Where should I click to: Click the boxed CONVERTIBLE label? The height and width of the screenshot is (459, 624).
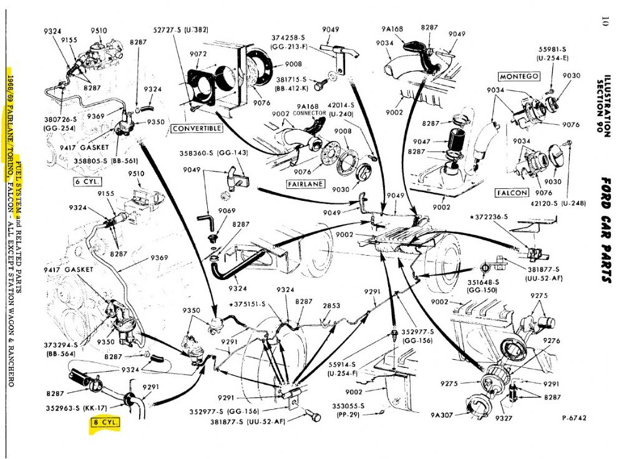(197, 128)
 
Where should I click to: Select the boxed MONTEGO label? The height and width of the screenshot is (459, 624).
(518, 77)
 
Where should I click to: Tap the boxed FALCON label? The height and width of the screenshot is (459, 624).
(511, 193)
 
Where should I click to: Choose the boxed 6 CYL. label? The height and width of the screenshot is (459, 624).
(87, 183)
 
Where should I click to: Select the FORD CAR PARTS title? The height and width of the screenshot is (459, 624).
(605, 231)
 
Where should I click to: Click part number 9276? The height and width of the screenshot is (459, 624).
(552, 341)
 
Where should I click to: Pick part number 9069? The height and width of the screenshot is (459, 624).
(227, 211)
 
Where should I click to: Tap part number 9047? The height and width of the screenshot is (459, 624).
(439, 142)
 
